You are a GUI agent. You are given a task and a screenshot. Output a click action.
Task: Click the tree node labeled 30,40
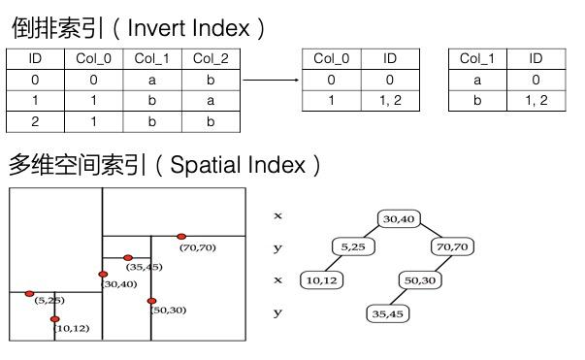pos(399,218)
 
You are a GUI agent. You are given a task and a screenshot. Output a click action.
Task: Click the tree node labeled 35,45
pos(388,313)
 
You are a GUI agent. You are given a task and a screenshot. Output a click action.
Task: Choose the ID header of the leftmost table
pos(35,59)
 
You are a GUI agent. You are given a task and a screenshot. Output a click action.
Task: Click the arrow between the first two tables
pos(269,81)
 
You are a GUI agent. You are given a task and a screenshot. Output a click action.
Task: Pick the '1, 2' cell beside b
pos(536,101)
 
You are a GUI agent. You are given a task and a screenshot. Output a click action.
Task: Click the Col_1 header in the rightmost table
pos(477,59)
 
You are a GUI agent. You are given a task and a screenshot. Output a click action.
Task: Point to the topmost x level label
pos(278,215)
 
